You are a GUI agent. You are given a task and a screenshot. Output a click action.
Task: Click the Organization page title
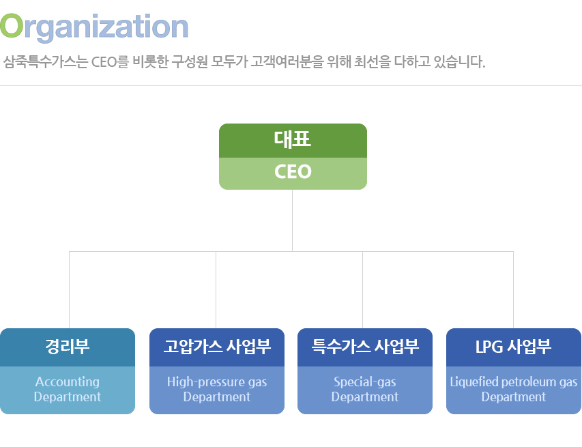point(94,26)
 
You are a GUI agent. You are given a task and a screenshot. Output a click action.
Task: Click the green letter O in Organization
point(12,26)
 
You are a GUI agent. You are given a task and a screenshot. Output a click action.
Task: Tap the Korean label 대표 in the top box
point(293,140)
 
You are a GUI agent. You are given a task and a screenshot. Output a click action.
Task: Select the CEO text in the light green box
point(293,172)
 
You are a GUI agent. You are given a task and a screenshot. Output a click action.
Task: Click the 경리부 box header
point(68,347)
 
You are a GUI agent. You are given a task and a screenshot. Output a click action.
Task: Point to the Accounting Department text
point(68,389)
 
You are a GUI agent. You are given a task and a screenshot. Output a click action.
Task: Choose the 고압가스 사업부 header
point(217,347)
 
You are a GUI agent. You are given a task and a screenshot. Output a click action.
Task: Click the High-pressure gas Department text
point(217,389)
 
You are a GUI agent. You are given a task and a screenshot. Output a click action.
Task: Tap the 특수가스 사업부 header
point(365,347)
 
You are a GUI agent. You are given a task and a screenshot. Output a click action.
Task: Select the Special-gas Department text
point(365,389)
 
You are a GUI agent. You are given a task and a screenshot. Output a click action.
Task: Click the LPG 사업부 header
point(513,347)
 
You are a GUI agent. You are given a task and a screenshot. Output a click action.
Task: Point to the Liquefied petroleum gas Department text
point(513,389)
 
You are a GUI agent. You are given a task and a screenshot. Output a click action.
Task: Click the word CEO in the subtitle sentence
point(104,63)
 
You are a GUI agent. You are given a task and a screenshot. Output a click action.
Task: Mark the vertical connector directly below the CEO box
point(293,220)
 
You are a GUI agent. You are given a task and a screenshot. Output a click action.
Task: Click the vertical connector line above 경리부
point(69,289)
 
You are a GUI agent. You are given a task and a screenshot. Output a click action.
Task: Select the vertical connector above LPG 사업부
point(513,289)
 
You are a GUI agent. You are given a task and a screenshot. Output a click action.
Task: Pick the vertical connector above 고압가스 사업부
point(216,289)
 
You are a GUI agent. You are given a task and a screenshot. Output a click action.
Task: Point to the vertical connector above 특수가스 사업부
point(362,289)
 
